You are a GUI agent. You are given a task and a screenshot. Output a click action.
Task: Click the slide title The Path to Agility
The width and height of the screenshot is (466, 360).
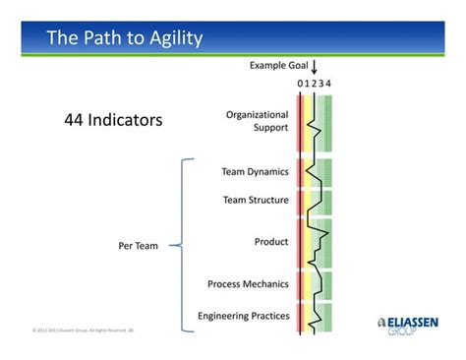[125, 38]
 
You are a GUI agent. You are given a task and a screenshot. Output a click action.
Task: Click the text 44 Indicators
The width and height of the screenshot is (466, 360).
[112, 120]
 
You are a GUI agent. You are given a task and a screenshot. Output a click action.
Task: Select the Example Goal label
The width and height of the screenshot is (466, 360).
[278, 66]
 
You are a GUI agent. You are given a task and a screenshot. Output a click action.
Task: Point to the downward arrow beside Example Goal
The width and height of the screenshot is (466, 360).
[315, 68]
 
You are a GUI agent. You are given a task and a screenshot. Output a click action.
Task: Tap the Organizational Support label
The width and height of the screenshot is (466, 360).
[257, 121]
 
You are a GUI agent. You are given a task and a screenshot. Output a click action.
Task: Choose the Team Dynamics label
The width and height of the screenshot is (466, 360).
[255, 171]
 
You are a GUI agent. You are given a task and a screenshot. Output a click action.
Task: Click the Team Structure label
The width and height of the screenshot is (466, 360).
[256, 200]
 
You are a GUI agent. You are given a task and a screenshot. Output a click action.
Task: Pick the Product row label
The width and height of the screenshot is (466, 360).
[271, 241]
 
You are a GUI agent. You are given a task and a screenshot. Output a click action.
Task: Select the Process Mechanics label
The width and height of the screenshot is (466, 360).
[248, 284]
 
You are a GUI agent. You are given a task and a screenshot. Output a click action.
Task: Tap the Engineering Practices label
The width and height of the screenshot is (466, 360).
[243, 316]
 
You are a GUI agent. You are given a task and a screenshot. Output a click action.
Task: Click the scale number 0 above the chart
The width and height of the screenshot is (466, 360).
[301, 84]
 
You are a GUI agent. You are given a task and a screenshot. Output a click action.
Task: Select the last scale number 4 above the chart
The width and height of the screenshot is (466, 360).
[328, 84]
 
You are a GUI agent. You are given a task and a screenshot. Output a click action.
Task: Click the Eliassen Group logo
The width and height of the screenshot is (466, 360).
[408, 326]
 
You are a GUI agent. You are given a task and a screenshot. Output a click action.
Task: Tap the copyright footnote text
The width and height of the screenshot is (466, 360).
[83, 330]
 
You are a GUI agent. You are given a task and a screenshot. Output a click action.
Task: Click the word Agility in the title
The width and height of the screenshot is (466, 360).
[171, 38]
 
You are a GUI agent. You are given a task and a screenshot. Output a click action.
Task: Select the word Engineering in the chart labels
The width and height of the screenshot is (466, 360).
[223, 316]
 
